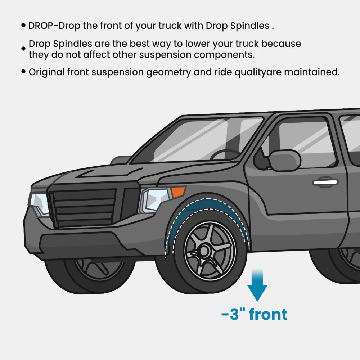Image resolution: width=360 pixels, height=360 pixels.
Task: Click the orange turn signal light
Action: (x=178, y=192)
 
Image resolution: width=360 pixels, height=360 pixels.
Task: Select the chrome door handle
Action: (x=325, y=182)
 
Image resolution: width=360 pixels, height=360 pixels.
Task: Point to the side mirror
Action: (x=285, y=160)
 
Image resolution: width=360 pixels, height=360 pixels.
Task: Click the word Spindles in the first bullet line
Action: (x=250, y=26)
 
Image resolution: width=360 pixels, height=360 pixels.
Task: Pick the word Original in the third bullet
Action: (x=46, y=72)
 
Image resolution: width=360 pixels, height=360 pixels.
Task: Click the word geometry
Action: (x=168, y=73)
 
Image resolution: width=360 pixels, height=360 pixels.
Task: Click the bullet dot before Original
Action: (x=23, y=71)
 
